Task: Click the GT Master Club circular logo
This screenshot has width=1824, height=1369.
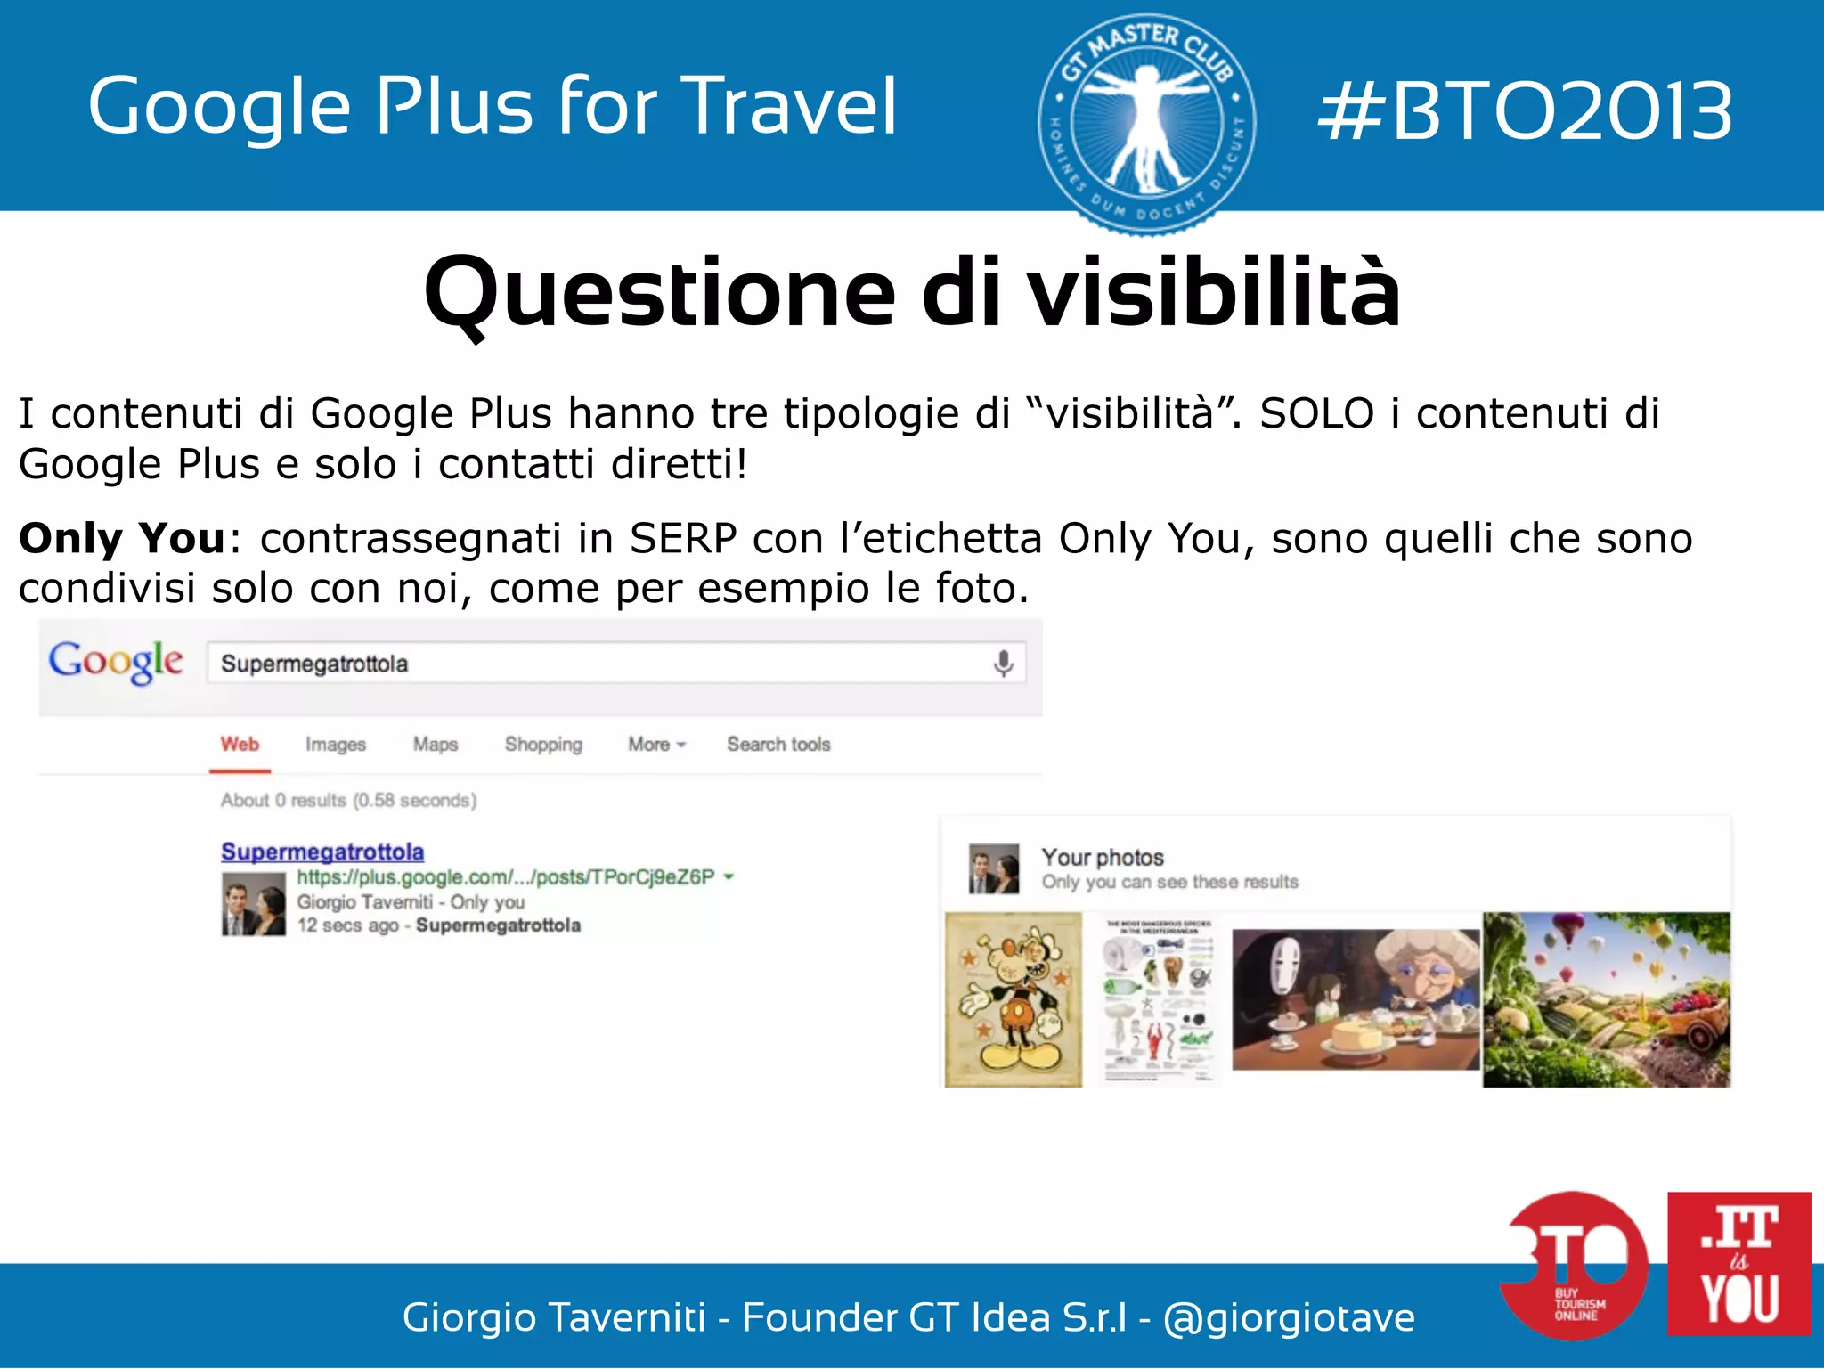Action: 1146,124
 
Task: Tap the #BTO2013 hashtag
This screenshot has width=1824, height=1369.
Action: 1524,111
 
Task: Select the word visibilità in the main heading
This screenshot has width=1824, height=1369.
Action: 1215,292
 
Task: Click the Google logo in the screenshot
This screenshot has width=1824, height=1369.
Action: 116,662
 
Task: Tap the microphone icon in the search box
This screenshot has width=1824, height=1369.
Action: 1003,664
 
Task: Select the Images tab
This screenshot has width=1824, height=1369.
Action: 335,744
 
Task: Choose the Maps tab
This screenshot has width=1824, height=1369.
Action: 435,744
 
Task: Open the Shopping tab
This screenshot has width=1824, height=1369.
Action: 543,744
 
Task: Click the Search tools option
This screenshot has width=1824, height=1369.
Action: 778,744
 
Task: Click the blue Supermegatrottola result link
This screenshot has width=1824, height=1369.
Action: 322,852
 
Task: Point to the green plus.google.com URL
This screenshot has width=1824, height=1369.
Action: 506,877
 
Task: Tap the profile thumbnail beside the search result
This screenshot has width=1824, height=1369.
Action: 254,904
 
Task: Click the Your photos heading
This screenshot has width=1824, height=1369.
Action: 1103,857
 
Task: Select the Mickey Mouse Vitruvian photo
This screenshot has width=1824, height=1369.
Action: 1014,999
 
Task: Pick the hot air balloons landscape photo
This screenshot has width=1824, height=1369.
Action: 1606,999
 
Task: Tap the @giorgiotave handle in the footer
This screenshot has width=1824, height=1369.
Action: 1289,1317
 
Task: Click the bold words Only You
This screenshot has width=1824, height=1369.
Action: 122,538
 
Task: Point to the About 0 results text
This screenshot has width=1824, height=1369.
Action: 348,800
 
